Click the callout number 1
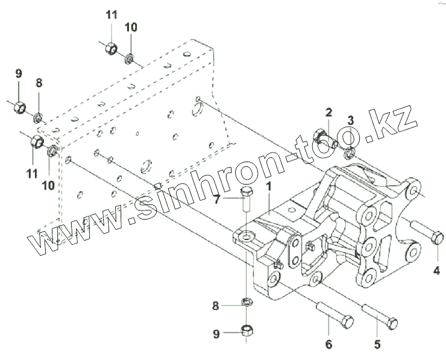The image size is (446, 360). click(x=269, y=188)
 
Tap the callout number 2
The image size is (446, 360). click(x=329, y=112)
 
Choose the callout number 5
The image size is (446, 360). click(x=378, y=345)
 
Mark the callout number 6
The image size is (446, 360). click(x=328, y=345)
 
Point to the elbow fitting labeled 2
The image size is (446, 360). click(x=321, y=137)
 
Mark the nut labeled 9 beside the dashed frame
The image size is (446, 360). click(x=19, y=107)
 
